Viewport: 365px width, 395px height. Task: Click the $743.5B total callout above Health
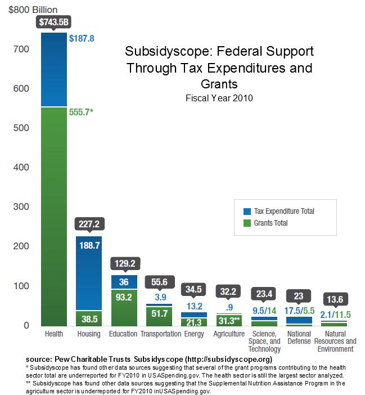coord(54,22)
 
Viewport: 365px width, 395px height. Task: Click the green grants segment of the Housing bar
coord(89,318)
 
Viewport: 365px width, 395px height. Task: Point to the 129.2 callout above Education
coord(124,263)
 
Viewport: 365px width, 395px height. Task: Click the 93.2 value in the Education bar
coord(124,297)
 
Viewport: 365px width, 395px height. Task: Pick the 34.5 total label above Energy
coord(194,290)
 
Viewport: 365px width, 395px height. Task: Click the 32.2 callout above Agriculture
coord(229,291)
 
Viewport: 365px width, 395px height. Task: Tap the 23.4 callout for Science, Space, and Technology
coord(264,294)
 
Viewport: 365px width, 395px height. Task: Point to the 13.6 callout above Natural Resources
coord(334,298)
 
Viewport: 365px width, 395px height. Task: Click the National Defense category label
coord(299,338)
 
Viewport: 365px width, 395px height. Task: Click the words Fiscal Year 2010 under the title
coord(219,98)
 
